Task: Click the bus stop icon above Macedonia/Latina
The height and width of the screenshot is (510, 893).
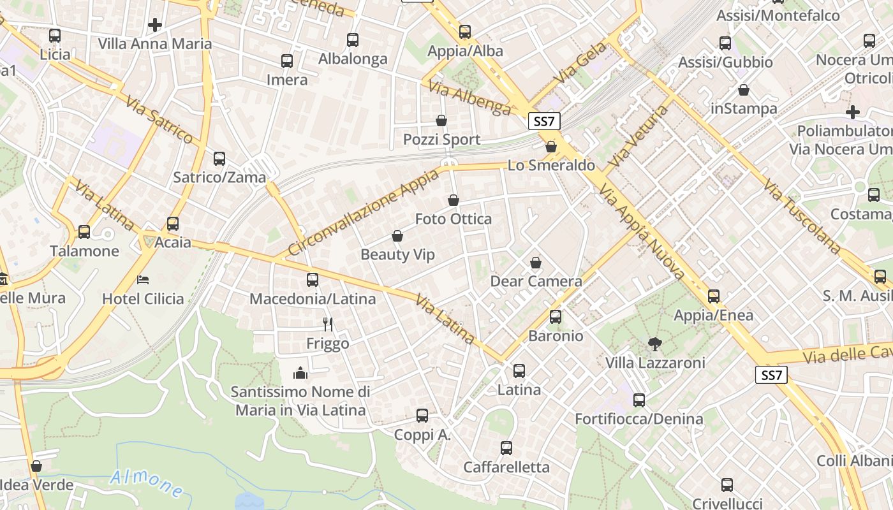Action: coord(313,279)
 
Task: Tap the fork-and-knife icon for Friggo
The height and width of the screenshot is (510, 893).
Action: coord(328,324)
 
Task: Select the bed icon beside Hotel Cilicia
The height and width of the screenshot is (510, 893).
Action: coord(143,280)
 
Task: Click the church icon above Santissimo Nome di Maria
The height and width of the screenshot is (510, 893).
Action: coord(300,373)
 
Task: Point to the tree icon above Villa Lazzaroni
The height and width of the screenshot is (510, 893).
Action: coord(654,344)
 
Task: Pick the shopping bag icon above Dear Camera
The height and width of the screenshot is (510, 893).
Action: coord(536,263)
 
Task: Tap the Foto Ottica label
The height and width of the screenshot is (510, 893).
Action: coord(454,219)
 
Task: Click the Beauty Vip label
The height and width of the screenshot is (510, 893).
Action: coord(397,255)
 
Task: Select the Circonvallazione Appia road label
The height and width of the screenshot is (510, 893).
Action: coord(364,212)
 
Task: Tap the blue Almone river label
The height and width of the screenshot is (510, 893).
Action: coord(147,483)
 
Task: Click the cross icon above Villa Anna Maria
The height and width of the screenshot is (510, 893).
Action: coord(154,25)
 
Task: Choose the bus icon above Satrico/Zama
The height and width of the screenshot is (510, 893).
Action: coord(219,158)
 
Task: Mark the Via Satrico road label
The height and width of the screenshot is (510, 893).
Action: coord(159,120)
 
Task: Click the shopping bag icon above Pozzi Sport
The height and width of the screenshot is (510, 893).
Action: coord(441,120)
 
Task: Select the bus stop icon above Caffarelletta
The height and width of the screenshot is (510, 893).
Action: coord(506,448)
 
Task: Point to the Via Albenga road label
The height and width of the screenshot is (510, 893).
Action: coord(469,98)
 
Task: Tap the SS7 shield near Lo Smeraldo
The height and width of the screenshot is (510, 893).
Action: coord(544,121)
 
